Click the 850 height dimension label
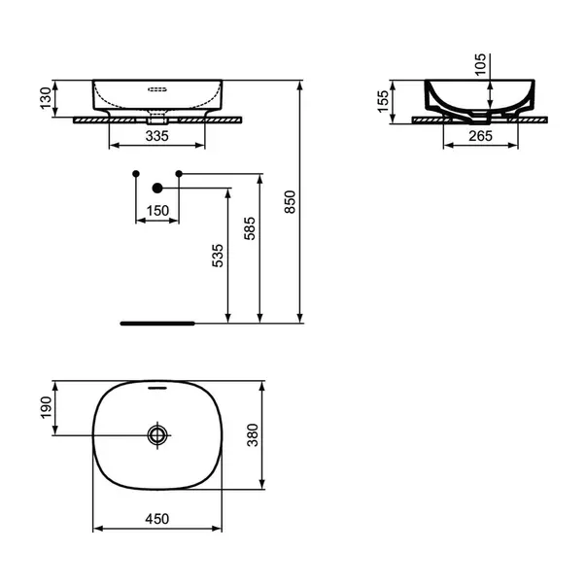point(290,202)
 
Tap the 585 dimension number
point(250,228)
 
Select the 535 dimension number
point(218,256)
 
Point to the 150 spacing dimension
point(157,211)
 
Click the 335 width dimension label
point(157,136)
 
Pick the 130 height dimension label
point(46,98)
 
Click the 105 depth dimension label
point(480,64)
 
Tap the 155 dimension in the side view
point(383,101)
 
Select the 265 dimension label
point(481,136)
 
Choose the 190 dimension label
point(46,407)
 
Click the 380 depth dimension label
point(253,435)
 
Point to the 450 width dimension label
point(157,519)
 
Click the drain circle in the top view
point(157,435)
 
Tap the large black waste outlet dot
point(157,189)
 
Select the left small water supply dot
point(136,174)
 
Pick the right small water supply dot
point(179,174)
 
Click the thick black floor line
point(157,324)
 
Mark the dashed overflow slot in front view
point(157,89)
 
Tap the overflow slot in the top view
point(157,388)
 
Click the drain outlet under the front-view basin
point(157,119)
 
